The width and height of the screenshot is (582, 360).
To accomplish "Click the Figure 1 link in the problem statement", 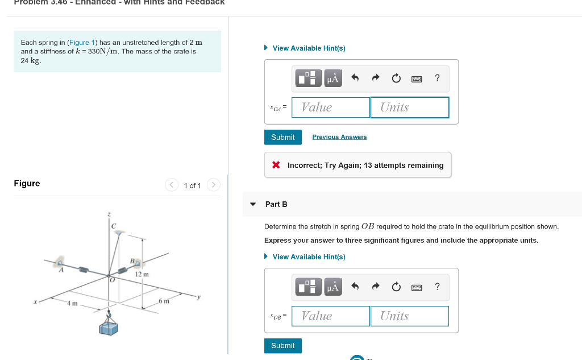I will [x=82, y=43].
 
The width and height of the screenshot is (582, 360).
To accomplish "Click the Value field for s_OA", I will [x=331, y=107].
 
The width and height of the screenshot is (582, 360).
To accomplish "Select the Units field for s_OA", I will [x=409, y=107].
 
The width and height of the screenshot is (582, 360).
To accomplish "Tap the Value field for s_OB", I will [x=331, y=316].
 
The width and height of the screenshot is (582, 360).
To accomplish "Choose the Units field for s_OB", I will [x=409, y=316].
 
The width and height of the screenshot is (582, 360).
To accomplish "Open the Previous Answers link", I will [x=339, y=137].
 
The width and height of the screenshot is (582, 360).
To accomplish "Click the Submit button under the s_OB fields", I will [x=282, y=346].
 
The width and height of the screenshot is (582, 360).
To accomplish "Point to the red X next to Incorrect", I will [x=276, y=165].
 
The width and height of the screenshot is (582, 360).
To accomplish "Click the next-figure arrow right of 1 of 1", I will [x=213, y=185].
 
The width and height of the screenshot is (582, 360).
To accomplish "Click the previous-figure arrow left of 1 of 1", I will [x=172, y=185].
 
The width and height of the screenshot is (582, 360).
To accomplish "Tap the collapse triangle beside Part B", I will [x=253, y=204].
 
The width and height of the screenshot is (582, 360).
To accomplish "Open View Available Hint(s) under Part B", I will [x=309, y=257].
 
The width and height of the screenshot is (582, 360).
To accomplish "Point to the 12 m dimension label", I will [x=142, y=275].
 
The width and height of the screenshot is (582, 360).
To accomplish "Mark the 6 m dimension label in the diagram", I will [x=164, y=300].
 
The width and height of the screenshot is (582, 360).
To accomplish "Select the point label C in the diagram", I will [x=114, y=226].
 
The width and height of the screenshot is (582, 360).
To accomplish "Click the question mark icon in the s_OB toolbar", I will [x=436, y=287].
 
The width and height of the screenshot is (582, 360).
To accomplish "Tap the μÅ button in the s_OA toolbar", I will [x=332, y=78].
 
